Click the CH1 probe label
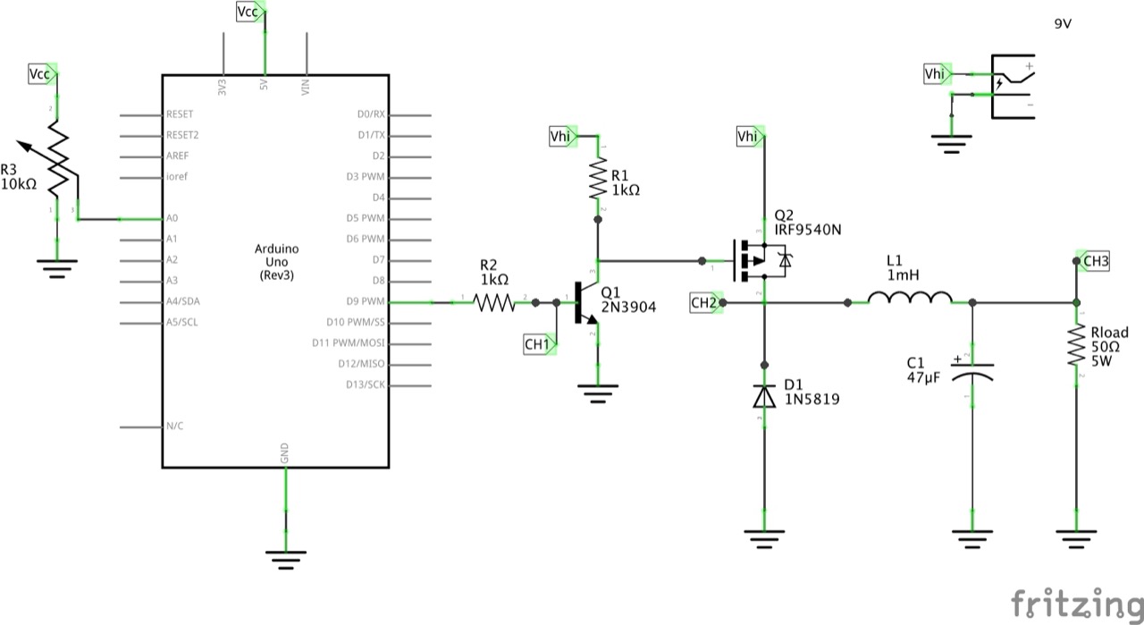click(536, 344)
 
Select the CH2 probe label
click(703, 303)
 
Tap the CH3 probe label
click(1095, 261)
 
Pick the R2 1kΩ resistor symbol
click(494, 303)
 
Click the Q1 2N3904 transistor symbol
click(585, 303)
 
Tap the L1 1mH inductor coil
click(910, 300)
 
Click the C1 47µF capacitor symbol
click(972, 369)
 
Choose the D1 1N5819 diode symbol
click(764, 393)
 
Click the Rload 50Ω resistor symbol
click(1077, 346)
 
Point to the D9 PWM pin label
click(366, 300)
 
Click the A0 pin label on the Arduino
click(172, 218)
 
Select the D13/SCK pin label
click(365, 385)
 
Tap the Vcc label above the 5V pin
click(248, 12)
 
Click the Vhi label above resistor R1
click(560, 137)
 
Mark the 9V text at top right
click(1063, 24)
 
